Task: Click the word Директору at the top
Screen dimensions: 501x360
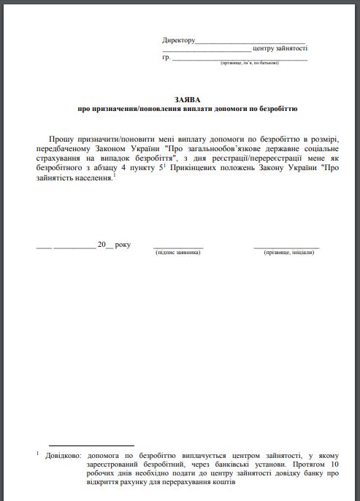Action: [179, 39]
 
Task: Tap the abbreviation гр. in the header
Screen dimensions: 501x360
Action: [166, 57]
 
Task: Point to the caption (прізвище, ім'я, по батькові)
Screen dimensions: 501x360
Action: [249, 64]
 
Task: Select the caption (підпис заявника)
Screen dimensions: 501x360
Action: [178, 252]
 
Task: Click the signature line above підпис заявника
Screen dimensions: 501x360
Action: [178, 247]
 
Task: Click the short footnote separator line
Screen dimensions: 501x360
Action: [91, 445]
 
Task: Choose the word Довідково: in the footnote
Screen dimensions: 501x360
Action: [64, 454]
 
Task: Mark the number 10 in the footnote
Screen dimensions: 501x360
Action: [334, 464]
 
